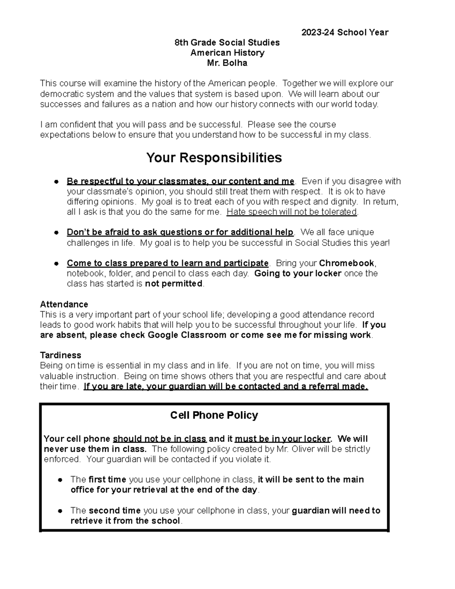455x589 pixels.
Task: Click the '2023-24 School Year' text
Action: (x=345, y=32)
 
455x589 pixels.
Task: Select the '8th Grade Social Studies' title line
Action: (x=227, y=42)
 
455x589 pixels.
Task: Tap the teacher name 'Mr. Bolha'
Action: (x=227, y=63)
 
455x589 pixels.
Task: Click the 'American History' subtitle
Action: (x=227, y=53)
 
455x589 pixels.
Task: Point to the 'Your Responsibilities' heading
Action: (x=214, y=157)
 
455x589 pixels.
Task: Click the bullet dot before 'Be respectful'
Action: (x=56, y=182)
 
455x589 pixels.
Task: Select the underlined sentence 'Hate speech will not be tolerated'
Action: (x=292, y=212)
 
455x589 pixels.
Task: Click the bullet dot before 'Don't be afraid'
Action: (x=56, y=232)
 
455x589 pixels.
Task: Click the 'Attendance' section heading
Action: (x=64, y=304)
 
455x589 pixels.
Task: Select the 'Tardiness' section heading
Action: (x=61, y=355)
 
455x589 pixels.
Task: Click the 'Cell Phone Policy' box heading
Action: (x=214, y=415)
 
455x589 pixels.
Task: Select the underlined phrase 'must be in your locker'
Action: (x=282, y=439)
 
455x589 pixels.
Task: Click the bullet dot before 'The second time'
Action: (x=60, y=511)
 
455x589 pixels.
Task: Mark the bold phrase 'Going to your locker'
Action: (x=298, y=273)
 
